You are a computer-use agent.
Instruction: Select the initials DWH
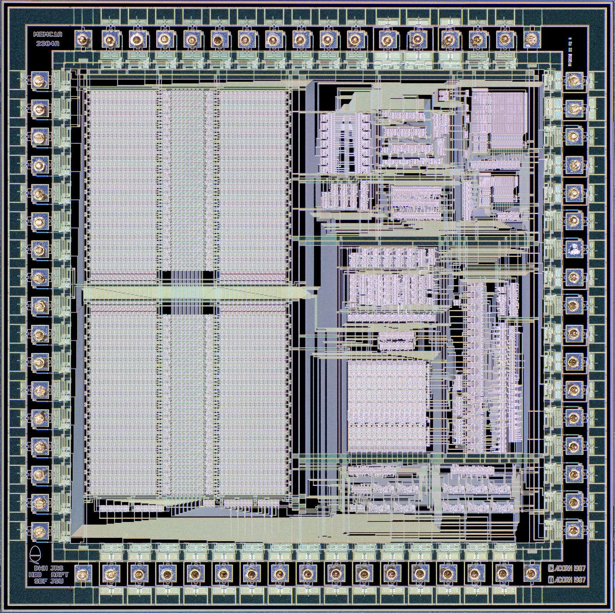[41, 568]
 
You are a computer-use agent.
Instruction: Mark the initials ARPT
[59, 574]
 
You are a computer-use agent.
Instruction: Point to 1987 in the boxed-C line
[578, 568]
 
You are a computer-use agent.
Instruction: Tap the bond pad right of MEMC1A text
[82, 39]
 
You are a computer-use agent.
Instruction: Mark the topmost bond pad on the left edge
[38, 80]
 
